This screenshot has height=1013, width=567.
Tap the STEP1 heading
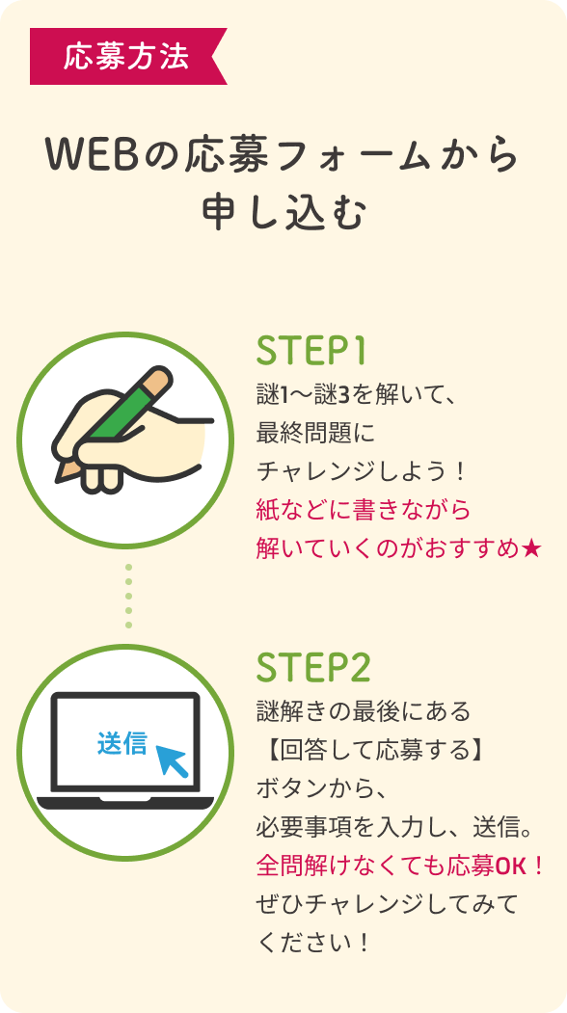(311, 352)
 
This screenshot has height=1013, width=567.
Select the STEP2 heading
(313, 668)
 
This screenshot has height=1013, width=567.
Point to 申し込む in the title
(283, 213)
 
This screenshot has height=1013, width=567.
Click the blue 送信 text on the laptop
(122, 743)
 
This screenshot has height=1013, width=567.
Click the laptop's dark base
(125, 803)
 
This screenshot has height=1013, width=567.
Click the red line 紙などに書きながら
(364, 511)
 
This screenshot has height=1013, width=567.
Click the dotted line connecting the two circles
(128, 596)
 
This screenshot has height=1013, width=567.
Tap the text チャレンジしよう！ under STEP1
(362, 471)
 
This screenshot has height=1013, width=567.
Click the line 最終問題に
(315, 433)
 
